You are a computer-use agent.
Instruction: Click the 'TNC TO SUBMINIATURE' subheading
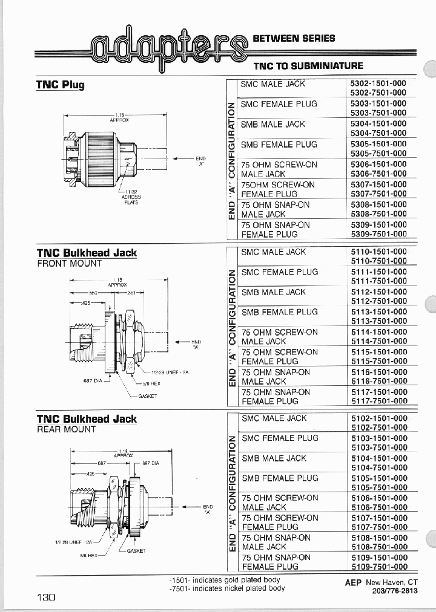coord(308,65)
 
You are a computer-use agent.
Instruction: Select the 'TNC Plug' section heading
coord(60,85)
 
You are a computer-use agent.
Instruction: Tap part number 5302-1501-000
coord(378,84)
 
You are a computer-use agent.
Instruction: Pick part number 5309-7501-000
coord(378,234)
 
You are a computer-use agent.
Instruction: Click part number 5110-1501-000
coord(378,252)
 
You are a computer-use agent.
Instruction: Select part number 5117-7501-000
coord(378,400)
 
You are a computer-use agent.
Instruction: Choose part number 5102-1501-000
coord(378,418)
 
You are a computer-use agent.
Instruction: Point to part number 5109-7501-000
coord(378,567)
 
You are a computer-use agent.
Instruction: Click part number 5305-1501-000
coord(378,144)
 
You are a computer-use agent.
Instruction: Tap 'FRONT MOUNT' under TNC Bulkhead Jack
coord(69,264)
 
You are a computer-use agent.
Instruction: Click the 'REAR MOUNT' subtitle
coord(67,429)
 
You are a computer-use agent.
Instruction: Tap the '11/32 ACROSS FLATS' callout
coord(131,197)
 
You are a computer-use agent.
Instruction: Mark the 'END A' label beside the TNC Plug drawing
coord(201,161)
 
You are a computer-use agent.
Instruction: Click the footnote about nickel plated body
coord(227,588)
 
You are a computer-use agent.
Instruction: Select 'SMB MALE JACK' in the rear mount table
coord(274,458)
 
